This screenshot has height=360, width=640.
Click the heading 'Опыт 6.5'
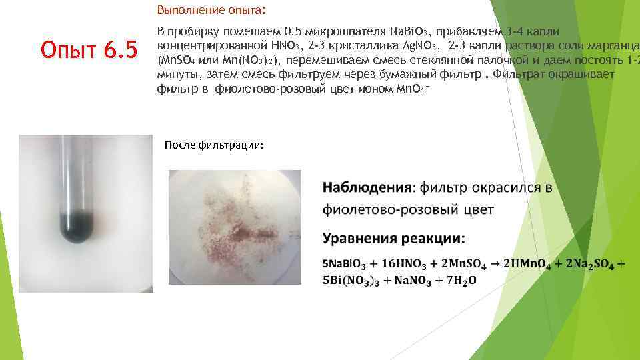pos(89,49)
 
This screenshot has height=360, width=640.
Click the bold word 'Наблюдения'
pos(366,188)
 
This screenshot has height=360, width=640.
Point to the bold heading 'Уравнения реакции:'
pos(394,238)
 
